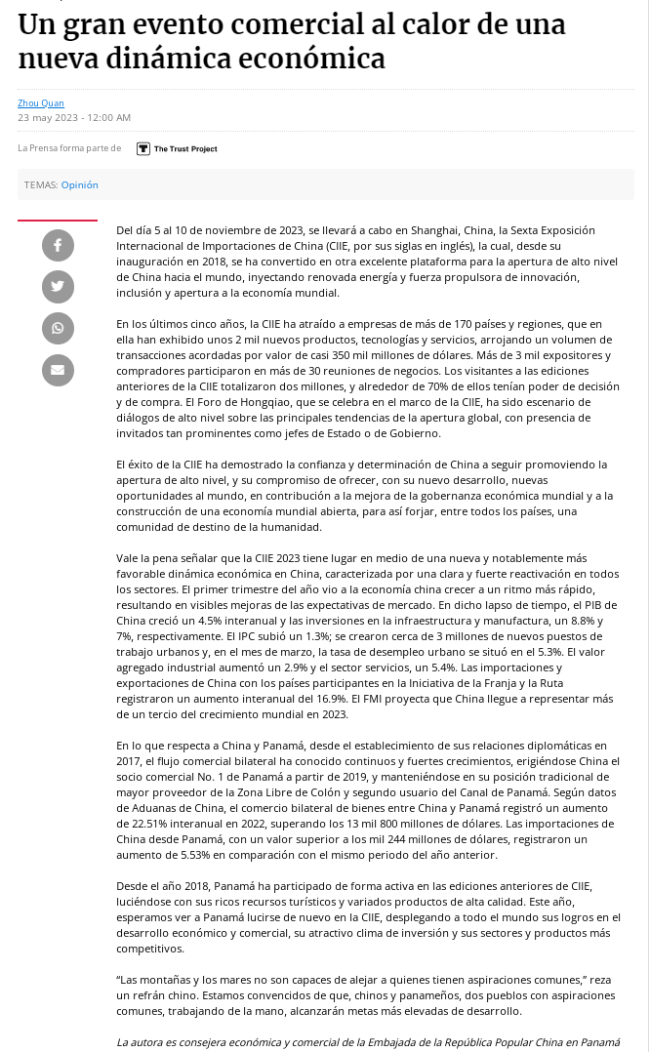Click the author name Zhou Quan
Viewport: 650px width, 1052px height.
tap(41, 103)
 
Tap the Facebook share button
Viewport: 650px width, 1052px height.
tap(58, 245)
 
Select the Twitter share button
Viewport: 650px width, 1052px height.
tap(58, 286)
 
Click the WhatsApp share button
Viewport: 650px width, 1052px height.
tap(58, 328)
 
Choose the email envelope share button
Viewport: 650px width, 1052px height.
tap(58, 370)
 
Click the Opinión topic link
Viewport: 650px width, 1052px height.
tap(80, 184)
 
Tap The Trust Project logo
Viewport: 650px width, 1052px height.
tap(177, 148)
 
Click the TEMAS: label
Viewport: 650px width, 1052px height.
tap(40, 184)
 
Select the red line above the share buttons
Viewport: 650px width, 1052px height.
tap(58, 221)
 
